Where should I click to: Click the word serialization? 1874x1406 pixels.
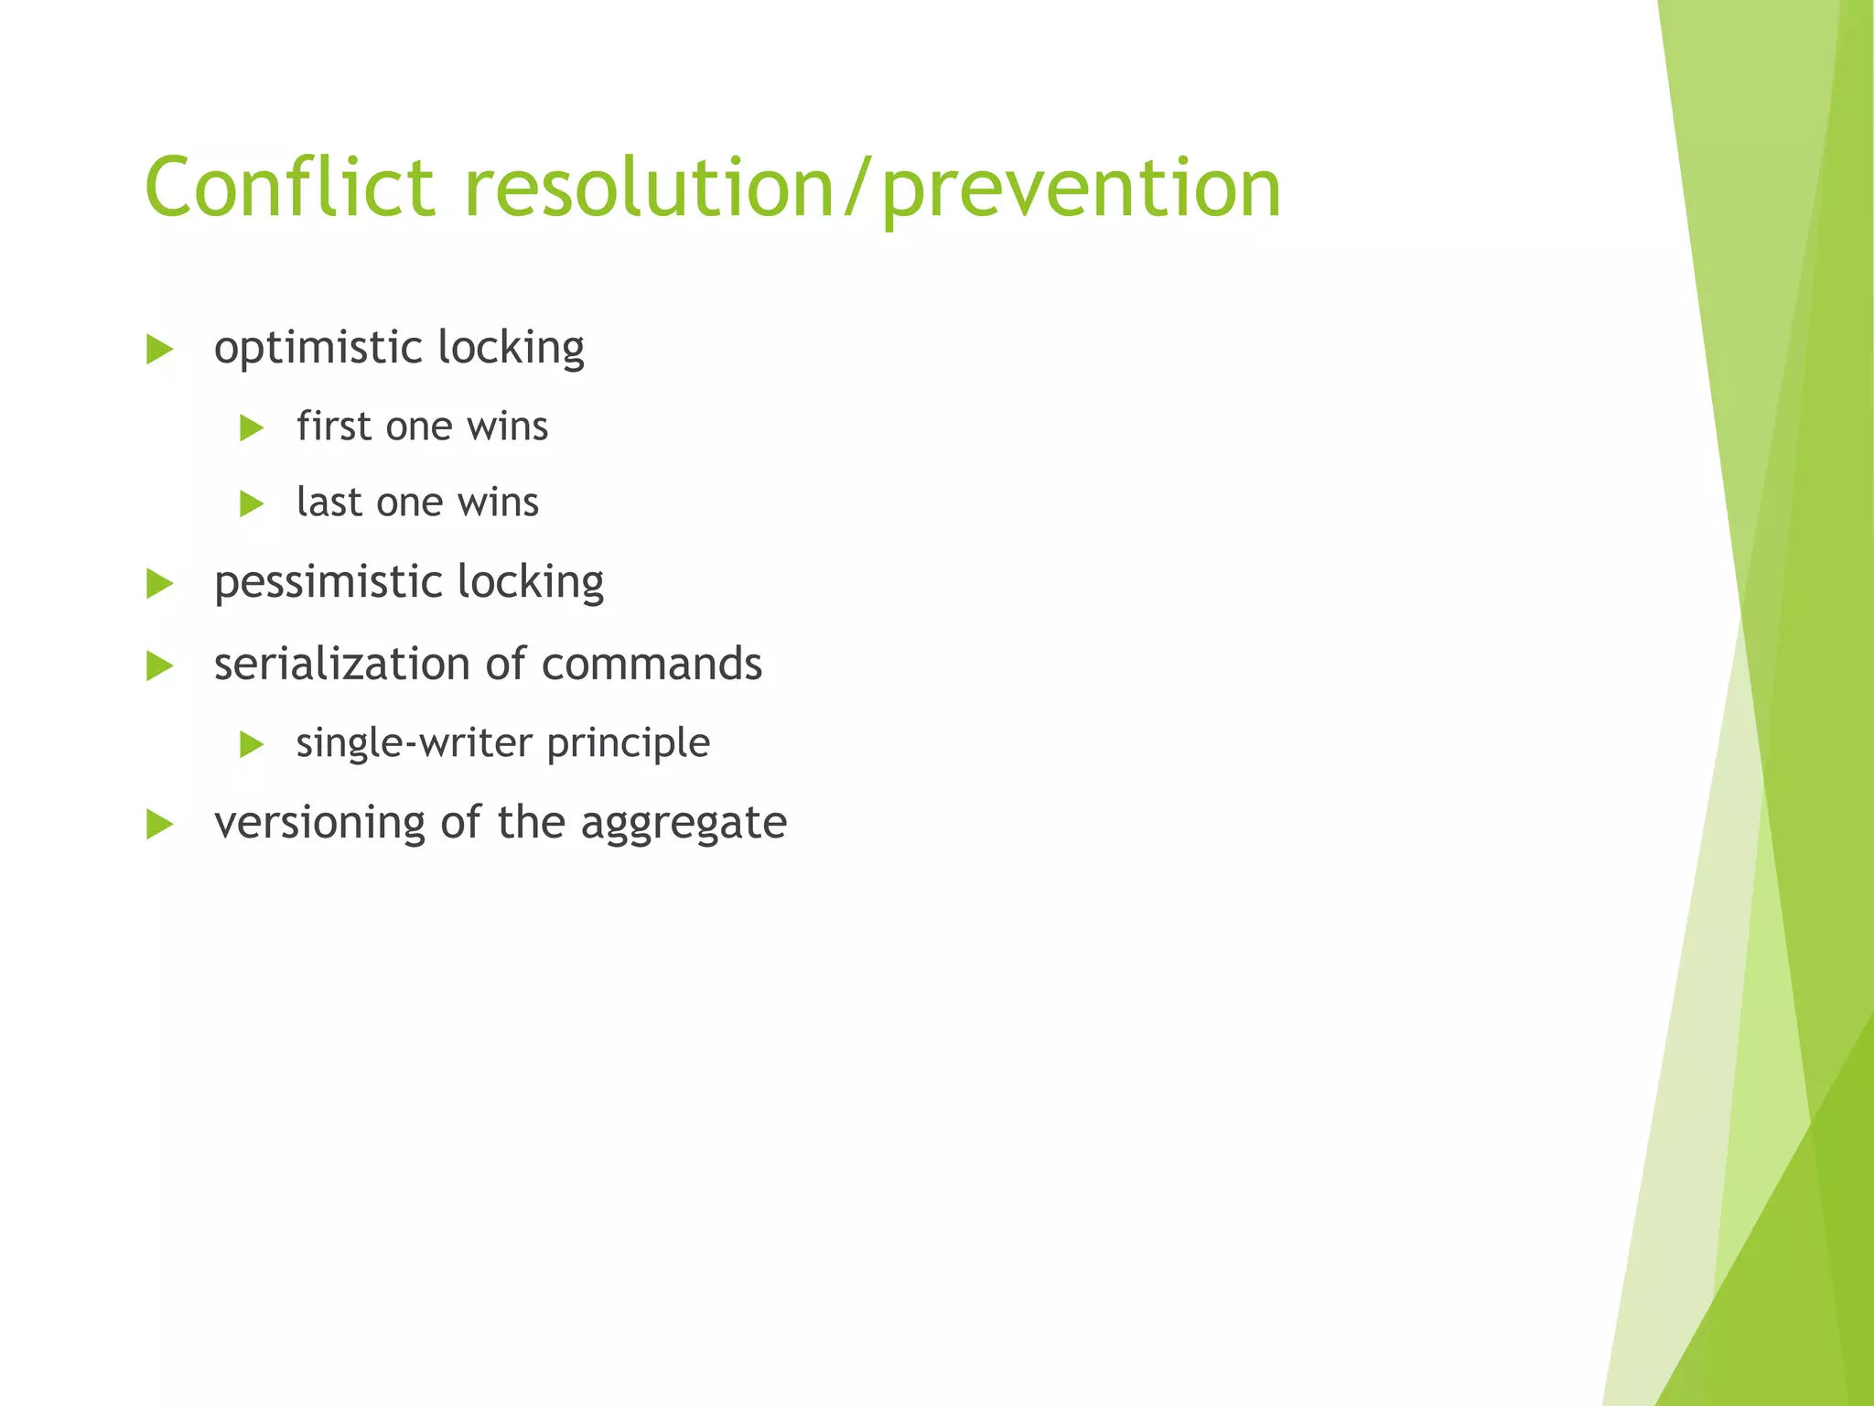(x=342, y=664)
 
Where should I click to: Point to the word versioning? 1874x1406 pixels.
(x=319, y=822)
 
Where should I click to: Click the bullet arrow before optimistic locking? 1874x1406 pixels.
(x=159, y=349)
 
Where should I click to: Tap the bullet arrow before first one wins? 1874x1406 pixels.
(x=251, y=427)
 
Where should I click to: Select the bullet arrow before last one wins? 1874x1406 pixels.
(x=251, y=503)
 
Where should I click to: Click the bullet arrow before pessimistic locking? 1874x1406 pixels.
(x=159, y=583)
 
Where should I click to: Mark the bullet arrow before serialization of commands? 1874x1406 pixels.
(x=159, y=665)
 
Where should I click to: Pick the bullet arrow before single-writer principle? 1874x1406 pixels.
(x=251, y=744)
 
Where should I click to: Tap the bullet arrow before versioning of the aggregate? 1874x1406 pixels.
(x=159, y=824)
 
